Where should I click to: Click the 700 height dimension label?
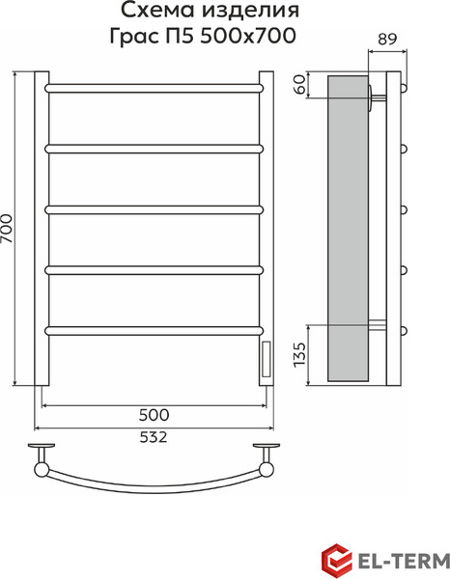click(x=8, y=229)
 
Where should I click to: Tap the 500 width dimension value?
click(x=155, y=415)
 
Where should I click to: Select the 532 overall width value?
click(x=154, y=437)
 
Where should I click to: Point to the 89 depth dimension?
click(x=387, y=39)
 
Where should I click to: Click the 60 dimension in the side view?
click(x=301, y=84)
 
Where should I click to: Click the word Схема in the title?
click(x=157, y=11)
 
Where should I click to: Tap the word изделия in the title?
click(x=250, y=11)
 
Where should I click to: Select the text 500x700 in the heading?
click(x=248, y=37)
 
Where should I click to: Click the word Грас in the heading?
click(x=133, y=37)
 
